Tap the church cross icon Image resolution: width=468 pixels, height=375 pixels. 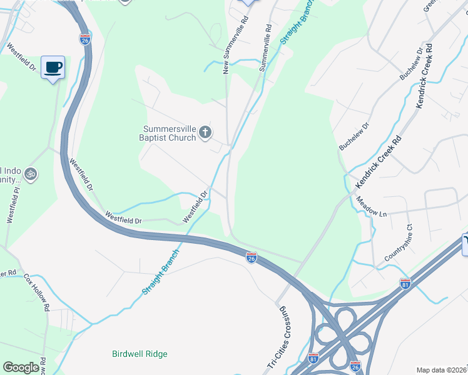(205, 132)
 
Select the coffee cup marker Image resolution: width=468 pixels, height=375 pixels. (53, 67)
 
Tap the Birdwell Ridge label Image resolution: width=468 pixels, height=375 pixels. (140, 354)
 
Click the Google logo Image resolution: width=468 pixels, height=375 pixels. (21, 367)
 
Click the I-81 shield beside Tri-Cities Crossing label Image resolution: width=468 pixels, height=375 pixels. (313, 358)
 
